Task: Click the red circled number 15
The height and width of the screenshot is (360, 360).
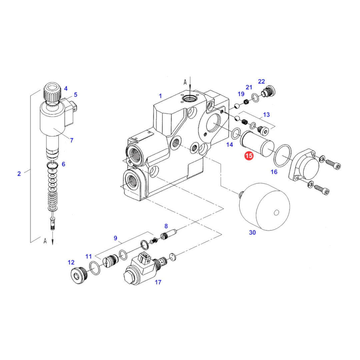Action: coord(249,156)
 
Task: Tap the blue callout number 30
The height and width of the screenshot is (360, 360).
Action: coord(252,233)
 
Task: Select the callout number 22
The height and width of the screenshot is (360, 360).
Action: coord(261,82)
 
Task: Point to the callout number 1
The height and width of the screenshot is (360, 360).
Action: coord(160,96)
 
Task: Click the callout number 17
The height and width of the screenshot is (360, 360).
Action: coord(158,282)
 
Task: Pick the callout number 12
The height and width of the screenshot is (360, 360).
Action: coord(71,262)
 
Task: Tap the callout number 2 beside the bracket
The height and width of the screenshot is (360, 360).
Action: coord(19,174)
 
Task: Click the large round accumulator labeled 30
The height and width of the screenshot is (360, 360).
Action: coord(264,207)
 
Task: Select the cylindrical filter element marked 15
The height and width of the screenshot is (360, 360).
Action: coord(257,143)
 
